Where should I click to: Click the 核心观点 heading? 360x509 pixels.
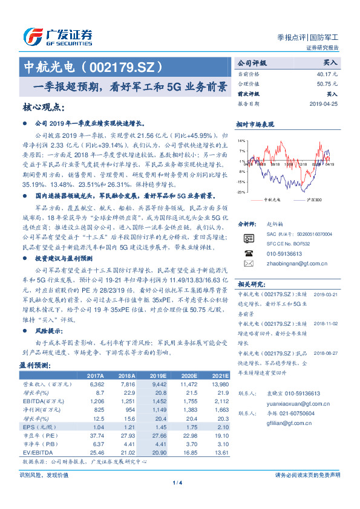click(42, 108)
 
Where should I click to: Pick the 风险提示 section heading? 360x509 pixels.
click(50, 331)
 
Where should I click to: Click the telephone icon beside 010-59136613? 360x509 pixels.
click(248, 253)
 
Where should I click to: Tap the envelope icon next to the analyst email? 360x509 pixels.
click(248, 264)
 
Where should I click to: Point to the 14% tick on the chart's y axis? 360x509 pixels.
click(241, 140)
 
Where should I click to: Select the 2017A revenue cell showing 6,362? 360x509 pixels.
click(96, 383)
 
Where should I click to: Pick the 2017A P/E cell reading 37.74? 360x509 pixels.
click(96, 435)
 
